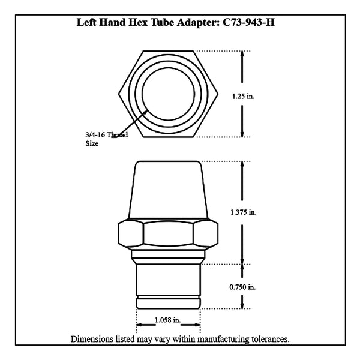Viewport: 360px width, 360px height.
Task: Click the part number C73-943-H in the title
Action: pos(248,22)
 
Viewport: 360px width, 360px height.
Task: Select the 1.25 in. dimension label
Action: pos(243,96)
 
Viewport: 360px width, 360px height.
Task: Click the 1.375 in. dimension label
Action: pos(243,212)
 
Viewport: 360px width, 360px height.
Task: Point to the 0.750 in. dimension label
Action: pos(242,287)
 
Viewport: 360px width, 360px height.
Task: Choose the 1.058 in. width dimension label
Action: pos(168,320)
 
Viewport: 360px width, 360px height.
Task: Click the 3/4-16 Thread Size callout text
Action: pos(107,139)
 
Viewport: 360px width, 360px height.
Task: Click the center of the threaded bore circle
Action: pos(168,94)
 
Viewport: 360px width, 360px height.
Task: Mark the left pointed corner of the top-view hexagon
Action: pos(118,94)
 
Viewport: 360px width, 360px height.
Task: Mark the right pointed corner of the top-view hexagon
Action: pos(218,94)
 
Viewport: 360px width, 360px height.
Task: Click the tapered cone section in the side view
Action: pos(168,190)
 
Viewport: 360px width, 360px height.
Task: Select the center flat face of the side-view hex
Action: pos(168,233)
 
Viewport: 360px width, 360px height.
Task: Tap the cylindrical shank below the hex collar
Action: pos(168,280)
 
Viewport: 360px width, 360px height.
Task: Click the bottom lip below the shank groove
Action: pos(168,304)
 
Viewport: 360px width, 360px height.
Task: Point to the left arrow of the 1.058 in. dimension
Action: pos(146,325)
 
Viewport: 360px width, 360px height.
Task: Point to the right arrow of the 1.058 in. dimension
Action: pos(191,325)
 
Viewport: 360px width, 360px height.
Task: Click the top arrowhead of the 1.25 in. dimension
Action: pos(242,54)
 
